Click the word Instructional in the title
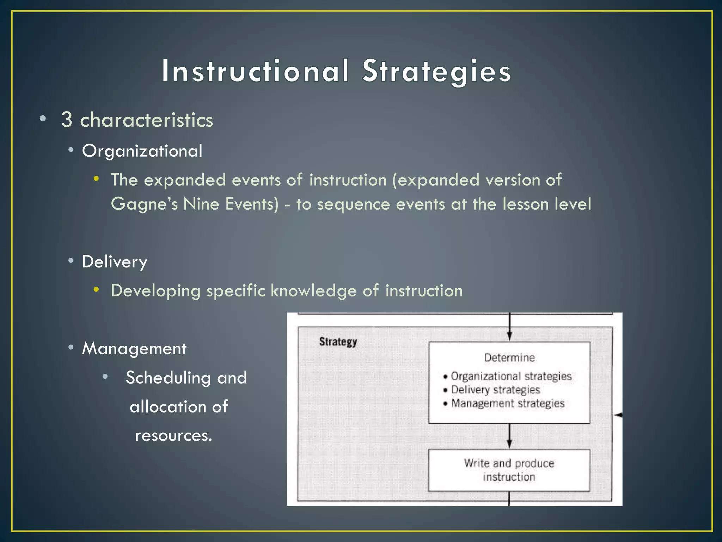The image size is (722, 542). [255, 71]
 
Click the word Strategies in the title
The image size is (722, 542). [436, 71]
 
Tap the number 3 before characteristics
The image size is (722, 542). [67, 120]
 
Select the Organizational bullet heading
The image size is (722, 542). [142, 151]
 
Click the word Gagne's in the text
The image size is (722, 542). [144, 204]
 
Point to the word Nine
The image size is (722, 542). [201, 204]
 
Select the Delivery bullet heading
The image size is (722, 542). [115, 262]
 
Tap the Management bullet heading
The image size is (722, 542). [134, 349]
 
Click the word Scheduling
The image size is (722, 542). [168, 378]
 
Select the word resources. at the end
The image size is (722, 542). [173, 435]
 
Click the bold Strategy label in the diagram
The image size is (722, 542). [338, 342]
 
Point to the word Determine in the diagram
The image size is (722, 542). [509, 357]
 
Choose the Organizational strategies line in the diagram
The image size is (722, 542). [511, 376]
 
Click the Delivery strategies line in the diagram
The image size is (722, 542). [495, 390]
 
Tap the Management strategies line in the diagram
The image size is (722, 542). [508, 403]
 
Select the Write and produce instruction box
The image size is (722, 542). [509, 470]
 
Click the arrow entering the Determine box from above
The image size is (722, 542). [509, 328]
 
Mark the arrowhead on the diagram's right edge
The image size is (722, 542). [618, 415]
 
